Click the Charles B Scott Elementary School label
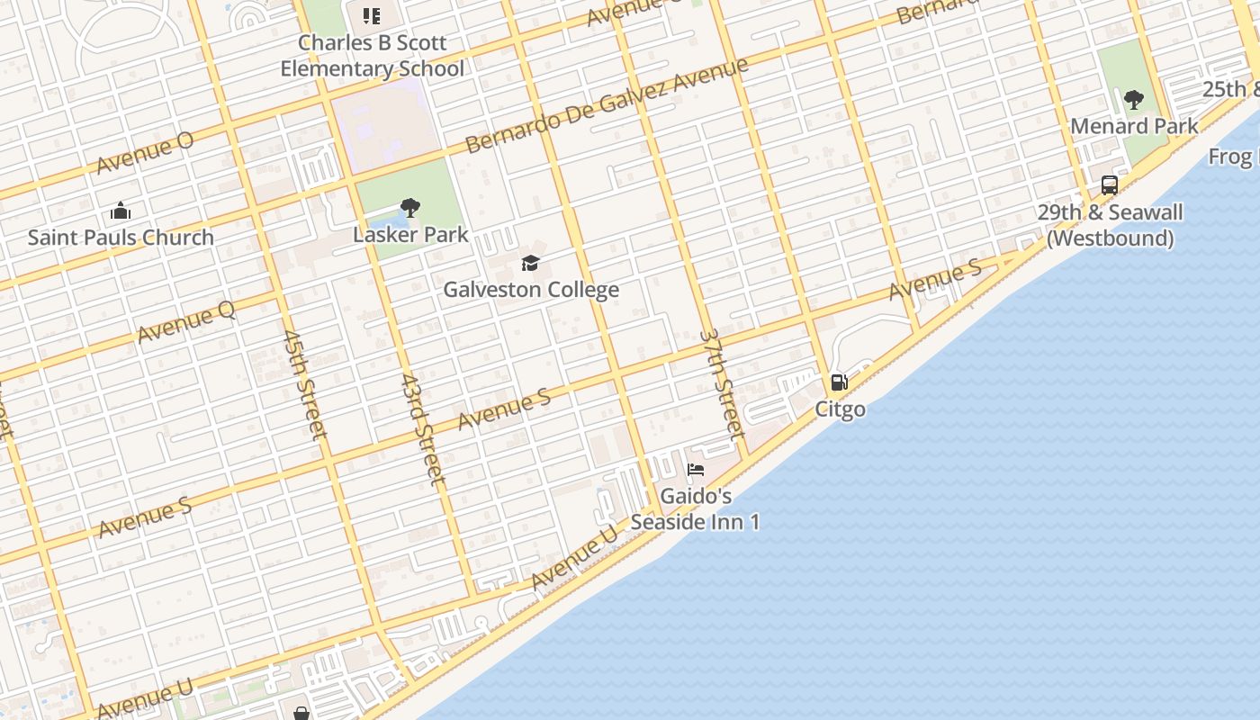coord(372,56)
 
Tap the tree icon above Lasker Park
coord(410,208)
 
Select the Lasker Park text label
coord(410,235)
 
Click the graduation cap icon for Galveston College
coord(531,263)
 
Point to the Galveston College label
coord(531,290)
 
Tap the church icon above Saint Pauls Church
coord(121,211)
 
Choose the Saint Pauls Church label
coord(121,238)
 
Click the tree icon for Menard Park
coord(1134,99)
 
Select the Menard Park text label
coord(1134,126)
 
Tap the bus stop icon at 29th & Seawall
coord(1110,185)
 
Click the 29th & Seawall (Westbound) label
coord(1110,225)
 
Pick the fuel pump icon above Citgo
coord(839,382)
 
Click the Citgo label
coord(841,409)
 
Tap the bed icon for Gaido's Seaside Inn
coord(696,469)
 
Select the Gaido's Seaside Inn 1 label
coord(696,508)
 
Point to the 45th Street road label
coord(304,384)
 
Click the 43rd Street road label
coord(422,429)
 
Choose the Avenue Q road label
coord(186,321)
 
